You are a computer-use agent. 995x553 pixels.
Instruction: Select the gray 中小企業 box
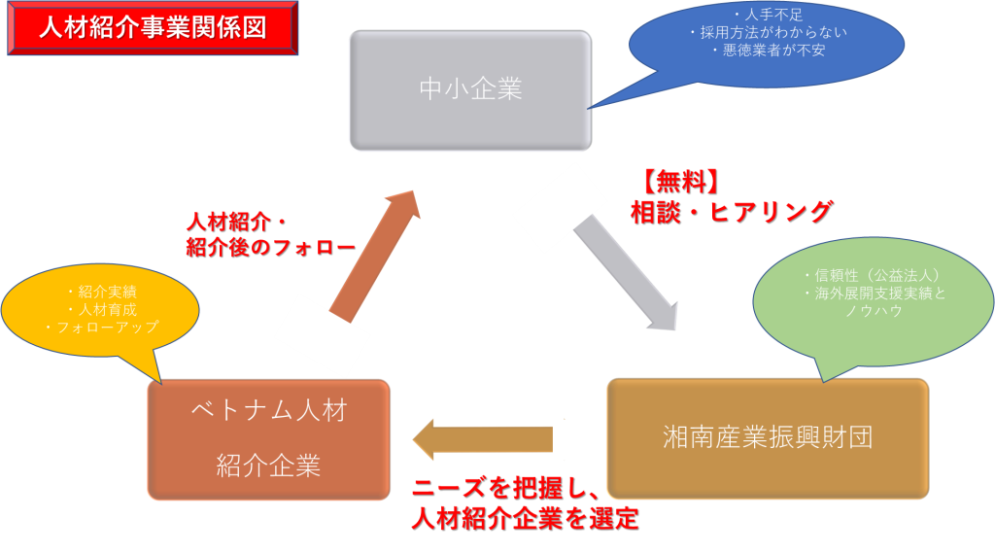click(470, 89)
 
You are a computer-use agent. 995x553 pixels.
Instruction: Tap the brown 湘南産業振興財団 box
click(767, 437)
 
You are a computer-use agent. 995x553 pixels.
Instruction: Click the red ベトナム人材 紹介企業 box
click(269, 439)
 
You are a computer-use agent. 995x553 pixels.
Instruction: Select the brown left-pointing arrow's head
click(428, 439)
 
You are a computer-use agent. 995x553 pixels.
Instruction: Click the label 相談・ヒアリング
click(731, 212)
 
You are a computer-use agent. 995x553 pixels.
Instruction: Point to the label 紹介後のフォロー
click(271, 248)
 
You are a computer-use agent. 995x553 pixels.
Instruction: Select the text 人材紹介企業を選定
click(525, 518)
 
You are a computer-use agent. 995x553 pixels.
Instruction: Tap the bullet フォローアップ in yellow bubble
click(102, 328)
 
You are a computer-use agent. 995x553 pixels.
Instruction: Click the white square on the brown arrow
click(570, 439)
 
